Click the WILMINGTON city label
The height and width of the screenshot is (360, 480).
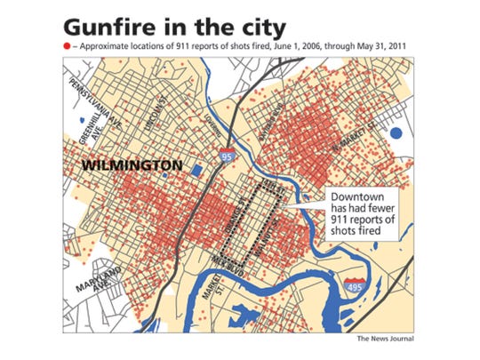132,166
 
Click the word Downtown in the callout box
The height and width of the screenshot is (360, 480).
356,196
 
